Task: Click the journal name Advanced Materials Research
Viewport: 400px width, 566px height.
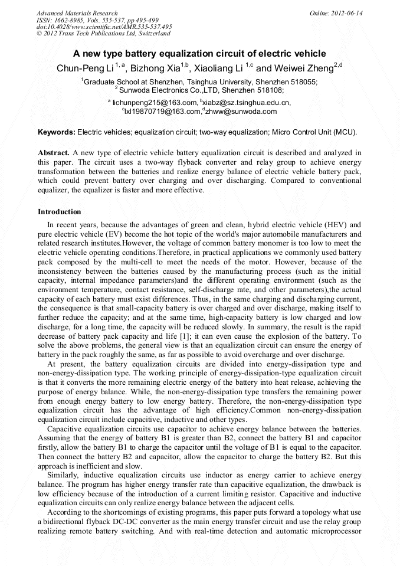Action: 77,13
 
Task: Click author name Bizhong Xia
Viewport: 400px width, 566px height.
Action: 155,68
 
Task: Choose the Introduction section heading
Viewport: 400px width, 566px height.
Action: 60,211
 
